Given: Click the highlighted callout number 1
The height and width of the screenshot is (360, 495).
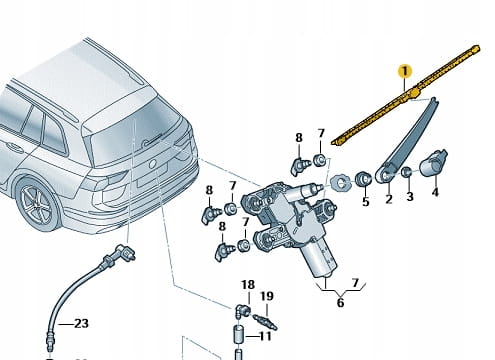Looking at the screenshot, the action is (x=405, y=71).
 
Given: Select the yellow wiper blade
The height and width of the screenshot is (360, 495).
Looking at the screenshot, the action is (x=406, y=95).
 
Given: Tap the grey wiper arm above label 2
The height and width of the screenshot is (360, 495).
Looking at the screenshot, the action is (x=407, y=140).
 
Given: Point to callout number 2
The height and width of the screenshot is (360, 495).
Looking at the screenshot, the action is (x=389, y=199).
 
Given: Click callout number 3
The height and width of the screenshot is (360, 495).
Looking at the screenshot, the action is (x=410, y=196).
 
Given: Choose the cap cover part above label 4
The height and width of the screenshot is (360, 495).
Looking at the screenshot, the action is (x=433, y=163).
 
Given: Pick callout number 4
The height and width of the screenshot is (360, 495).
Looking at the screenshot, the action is (x=435, y=192).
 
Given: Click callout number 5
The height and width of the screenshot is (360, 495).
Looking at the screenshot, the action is (x=366, y=201).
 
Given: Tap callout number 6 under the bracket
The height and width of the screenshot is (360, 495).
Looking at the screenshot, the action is (x=340, y=303).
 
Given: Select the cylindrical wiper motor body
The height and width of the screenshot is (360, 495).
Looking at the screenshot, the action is (x=319, y=259).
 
